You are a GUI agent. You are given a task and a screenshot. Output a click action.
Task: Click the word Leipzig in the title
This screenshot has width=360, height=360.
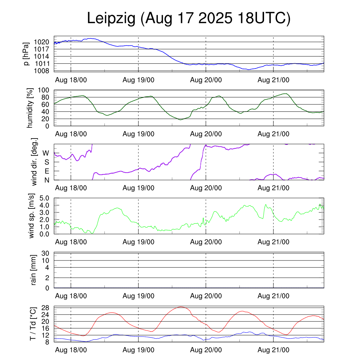111,19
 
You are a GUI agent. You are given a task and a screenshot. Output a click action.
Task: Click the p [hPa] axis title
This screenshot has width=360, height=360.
26,54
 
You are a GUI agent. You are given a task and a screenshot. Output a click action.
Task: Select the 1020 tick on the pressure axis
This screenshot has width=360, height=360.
42,42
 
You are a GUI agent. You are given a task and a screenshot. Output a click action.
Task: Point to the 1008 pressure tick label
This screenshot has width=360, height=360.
42,71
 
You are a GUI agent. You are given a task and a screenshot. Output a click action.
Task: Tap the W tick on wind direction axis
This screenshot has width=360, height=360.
46,153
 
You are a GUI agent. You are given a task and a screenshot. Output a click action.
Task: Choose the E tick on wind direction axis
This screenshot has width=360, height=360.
46,171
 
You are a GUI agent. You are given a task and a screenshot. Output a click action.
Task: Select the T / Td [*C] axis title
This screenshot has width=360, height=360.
32,324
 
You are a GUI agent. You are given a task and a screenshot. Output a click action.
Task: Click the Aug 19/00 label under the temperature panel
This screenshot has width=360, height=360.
138,350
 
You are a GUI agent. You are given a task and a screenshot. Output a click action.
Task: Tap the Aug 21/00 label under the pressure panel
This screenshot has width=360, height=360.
274,80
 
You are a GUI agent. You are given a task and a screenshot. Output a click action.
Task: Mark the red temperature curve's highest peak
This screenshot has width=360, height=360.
181,307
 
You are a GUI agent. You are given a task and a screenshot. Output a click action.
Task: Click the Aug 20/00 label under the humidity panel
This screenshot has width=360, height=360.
206,134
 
